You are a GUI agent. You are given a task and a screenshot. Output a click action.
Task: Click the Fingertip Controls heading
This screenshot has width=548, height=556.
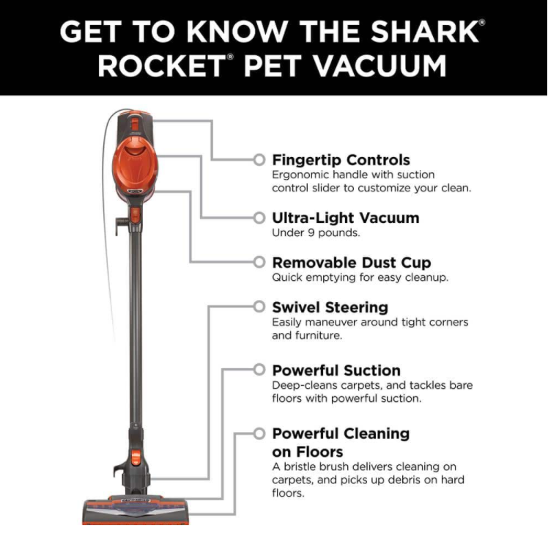pos(341,160)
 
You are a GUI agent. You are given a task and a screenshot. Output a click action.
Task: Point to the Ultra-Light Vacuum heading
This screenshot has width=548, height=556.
pos(345,218)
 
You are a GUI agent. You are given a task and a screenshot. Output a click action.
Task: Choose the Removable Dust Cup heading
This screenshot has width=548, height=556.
pos(351,263)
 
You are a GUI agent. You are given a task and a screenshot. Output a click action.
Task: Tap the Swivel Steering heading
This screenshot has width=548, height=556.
pos(330,307)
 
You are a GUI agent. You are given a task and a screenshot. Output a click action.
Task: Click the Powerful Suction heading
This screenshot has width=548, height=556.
pos(336,370)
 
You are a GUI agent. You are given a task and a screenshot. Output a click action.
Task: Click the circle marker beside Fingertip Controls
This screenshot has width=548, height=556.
pos(259,160)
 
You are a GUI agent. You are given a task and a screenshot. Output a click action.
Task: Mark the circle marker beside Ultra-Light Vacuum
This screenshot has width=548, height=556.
pos(259,218)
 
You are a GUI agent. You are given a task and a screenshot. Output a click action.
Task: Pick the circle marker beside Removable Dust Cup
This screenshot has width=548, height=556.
pos(259,262)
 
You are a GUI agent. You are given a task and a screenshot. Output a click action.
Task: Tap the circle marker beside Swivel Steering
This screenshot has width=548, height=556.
pos(259,307)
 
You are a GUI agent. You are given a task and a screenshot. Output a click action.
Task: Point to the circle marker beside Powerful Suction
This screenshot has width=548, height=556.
pos(259,370)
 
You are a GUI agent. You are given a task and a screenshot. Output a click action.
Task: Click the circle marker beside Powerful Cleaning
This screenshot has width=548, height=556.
pos(259,434)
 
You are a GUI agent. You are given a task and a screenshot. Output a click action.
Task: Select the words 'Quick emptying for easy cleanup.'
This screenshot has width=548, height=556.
pos(360,278)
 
